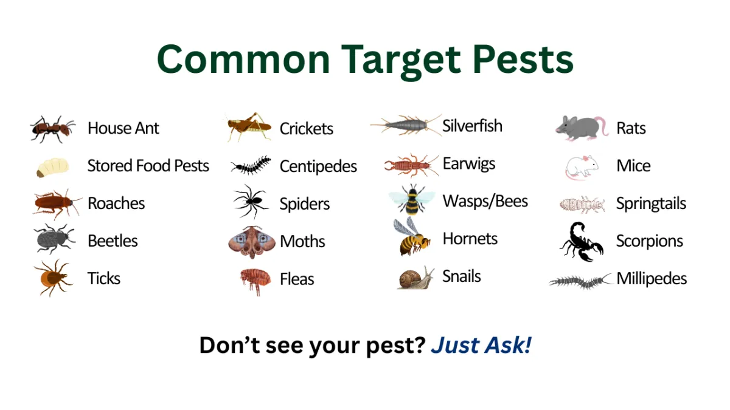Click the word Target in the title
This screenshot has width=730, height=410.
[401, 61]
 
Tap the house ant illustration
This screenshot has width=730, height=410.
[52, 129]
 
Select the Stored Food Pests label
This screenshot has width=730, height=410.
[148, 166]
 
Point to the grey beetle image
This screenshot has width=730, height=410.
[54, 239]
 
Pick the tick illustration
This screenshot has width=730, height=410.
[54, 278]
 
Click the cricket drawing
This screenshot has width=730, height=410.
[249, 126]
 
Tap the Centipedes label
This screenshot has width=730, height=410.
[318, 166]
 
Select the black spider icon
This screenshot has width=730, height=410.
[251, 202]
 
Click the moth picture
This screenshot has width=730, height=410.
[252, 242]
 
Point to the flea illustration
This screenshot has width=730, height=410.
[255, 281]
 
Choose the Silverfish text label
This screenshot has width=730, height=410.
[472, 126]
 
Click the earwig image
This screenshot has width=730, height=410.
[411, 165]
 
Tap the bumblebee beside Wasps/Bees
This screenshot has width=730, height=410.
[412, 199]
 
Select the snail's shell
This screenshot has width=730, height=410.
[408, 279]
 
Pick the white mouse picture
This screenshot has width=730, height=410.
[582, 167]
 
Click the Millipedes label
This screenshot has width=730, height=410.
[652, 279]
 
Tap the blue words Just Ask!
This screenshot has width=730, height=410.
[481, 345]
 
